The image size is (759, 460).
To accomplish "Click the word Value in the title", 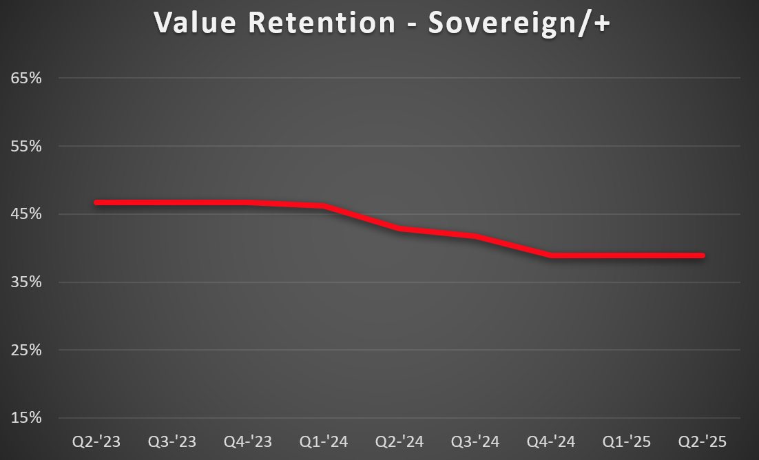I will pyautogui.click(x=194, y=22).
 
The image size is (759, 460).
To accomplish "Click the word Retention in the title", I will pyautogui.click(x=322, y=22).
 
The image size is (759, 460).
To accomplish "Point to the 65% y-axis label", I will pyautogui.click(x=26, y=78).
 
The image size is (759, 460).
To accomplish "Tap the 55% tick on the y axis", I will pyautogui.click(x=26, y=146).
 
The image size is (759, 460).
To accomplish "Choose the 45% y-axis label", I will pyautogui.click(x=26, y=214).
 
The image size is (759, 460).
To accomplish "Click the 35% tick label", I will pyautogui.click(x=26, y=282).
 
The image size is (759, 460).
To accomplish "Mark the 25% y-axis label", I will pyautogui.click(x=26, y=350).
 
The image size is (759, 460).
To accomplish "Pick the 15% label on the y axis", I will pyautogui.click(x=26, y=418).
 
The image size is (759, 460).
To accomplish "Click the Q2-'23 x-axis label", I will pyautogui.click(x=96, y=441).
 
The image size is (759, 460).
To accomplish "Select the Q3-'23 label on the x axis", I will pyautogui.click(x=172, y=441).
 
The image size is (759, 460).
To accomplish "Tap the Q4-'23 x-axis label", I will pyautogui.click(x=248, y=441).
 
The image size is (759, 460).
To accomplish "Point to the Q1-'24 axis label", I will pyautogui.click(x=324, y=441).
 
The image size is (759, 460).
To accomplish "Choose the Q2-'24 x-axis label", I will pyautogui.click(x=399, y=441).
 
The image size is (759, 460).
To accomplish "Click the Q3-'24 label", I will pyautogui.click(x=475, y=441).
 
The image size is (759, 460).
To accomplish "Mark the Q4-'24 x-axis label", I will pyautogui.click(x=551, y=441).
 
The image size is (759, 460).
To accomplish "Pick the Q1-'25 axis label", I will pyautogui.click(x=627, y=441).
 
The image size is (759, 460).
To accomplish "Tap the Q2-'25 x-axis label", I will pyautogui.click(x=703, y=441).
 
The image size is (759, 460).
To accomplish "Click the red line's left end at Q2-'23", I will pyautogui.click(x=97, y=202).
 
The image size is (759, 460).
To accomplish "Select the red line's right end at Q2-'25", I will pyautogui.click(x=702, y=255).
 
